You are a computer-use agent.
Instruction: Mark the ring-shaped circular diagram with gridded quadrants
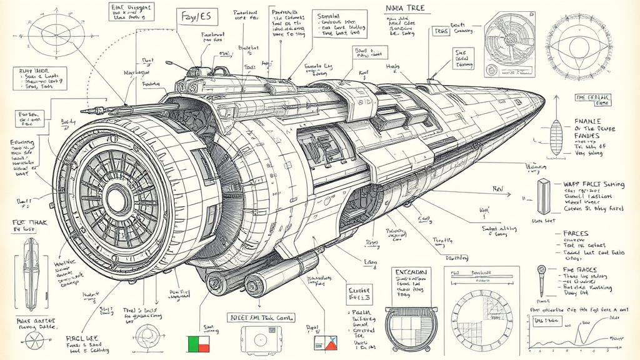(x=481, y=318)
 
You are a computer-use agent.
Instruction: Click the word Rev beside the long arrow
(x=498, y=187)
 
